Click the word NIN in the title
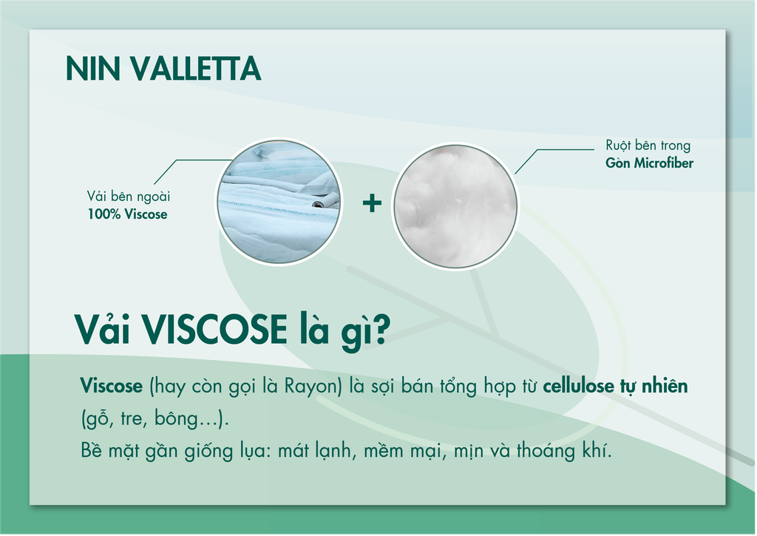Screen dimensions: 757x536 (x=92, y=69)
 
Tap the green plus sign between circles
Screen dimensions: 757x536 (x=372, y=203)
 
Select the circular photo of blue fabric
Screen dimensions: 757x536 (x=279, y=202)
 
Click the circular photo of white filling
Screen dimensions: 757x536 (x=455, y=206)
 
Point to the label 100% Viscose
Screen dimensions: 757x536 (x=127, y=214)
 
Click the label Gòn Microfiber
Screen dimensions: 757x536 (x=649, y=163)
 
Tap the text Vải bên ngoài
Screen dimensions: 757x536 (x=129, y=197)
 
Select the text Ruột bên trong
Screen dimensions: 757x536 (x=648, y=146)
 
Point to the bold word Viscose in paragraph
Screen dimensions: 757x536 (x=112, y=386)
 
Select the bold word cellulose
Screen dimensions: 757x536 (x=577, y=386)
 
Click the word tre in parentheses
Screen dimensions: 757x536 (x=132, y=418)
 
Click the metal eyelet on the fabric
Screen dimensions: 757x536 (x=317, y=204)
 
